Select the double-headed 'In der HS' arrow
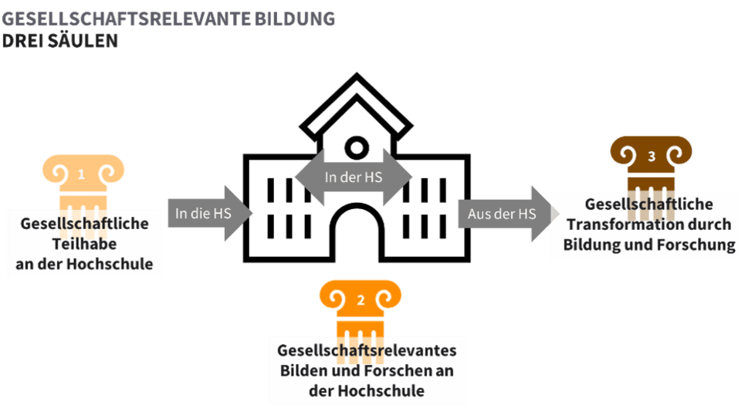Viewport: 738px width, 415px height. (354, 177)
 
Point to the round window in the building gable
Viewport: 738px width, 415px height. (357, 146)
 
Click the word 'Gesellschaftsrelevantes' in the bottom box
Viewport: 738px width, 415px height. (367, 350)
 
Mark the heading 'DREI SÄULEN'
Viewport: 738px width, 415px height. (60, 41)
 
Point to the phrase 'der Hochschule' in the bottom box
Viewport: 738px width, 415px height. (367, 390)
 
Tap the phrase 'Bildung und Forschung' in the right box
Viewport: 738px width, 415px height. (649, 245)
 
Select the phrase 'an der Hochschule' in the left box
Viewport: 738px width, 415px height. (84, 265)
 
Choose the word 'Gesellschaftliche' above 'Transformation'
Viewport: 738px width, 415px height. (649, 204)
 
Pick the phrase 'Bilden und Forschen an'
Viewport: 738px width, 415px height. (367, 370)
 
